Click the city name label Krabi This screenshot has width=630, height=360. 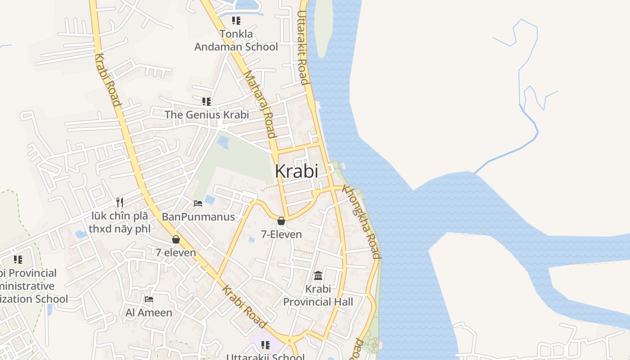point(296,171)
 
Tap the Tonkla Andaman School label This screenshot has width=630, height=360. point(236,40)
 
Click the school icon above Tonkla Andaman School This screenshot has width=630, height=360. point(236,21)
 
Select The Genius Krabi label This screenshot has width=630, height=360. point(207,115)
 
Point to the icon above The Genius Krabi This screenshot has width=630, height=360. point(207,102)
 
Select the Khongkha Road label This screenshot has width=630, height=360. point(361,221)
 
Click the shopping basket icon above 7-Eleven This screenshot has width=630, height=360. point(281,221)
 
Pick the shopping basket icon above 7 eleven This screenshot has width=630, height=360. point(176,239)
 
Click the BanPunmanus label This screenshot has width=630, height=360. point(198,217)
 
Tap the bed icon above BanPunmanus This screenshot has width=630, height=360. point(198,203)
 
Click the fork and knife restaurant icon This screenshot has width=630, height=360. point(119,202)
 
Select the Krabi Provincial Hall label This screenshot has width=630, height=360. point(318,295)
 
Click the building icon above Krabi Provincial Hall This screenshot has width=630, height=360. point(318,275)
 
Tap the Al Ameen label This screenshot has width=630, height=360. point(149,313)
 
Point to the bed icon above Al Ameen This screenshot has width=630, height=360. point(149,299)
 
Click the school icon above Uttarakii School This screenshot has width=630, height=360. point(265,345)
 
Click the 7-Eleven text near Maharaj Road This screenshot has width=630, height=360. point(281,234)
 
